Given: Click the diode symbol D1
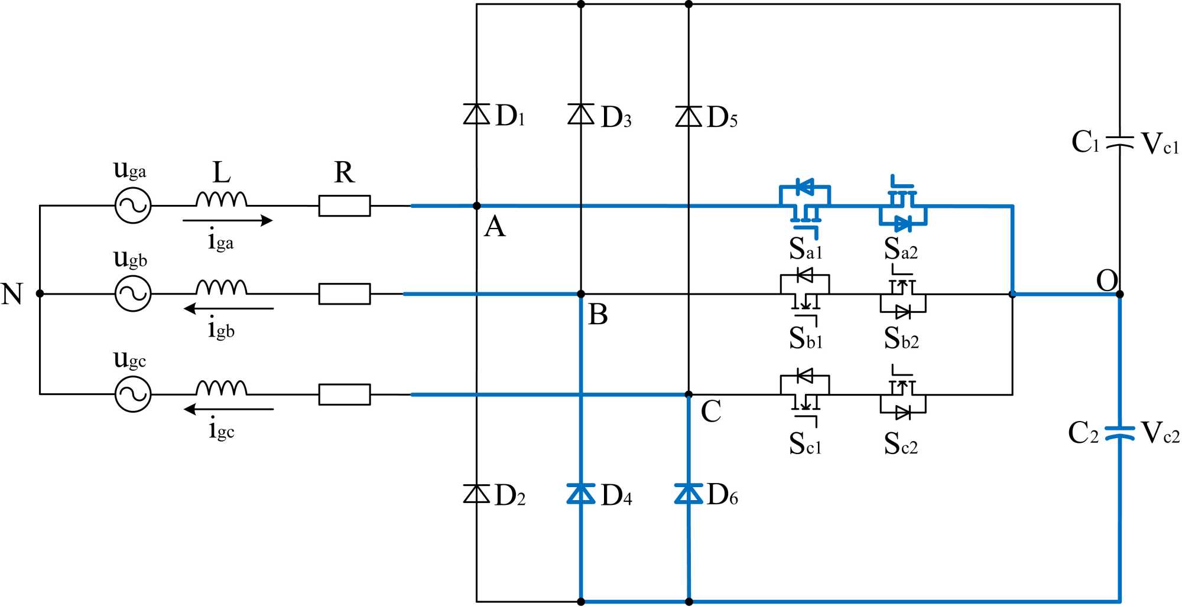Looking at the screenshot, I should point(476,114).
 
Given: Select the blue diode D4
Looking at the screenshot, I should point(581,493).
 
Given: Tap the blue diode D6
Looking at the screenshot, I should point(689,493).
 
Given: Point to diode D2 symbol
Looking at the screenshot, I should point(476,493).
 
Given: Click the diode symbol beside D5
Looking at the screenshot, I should point(689,116).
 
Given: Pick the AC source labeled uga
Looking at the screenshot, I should point(133,205).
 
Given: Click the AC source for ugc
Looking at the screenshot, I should point(133,394).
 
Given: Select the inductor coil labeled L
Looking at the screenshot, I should point(222,199).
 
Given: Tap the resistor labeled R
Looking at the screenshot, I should point(345,206).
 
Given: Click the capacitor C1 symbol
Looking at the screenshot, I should point(1119,142).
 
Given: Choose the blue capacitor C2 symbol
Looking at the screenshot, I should point(1119,433).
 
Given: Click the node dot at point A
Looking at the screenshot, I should point(477,206).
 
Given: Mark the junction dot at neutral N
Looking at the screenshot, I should point(40,293).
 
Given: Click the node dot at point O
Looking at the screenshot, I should point(1119,294).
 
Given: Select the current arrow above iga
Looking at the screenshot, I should point(228,221).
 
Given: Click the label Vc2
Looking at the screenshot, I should point(1160,433).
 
